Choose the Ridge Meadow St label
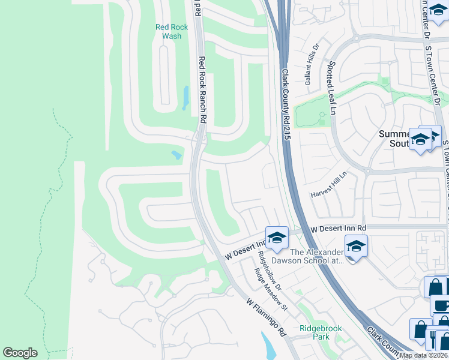click(x=272, y=290)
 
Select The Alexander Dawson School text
click(x=316, y=256)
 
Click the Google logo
click(x=20, y=353)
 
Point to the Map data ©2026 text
click(x=424, y=355)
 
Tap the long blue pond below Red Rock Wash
click(x=185, y=98)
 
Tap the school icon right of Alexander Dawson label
click(x=356, y=247)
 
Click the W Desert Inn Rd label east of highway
click(x=338, y=229)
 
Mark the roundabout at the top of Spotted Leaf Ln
click(x=356, y=37)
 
